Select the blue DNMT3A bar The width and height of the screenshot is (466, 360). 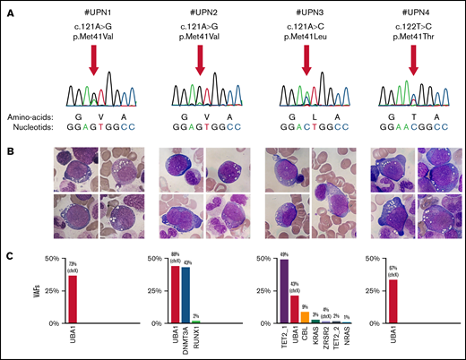tap(186, 295)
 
